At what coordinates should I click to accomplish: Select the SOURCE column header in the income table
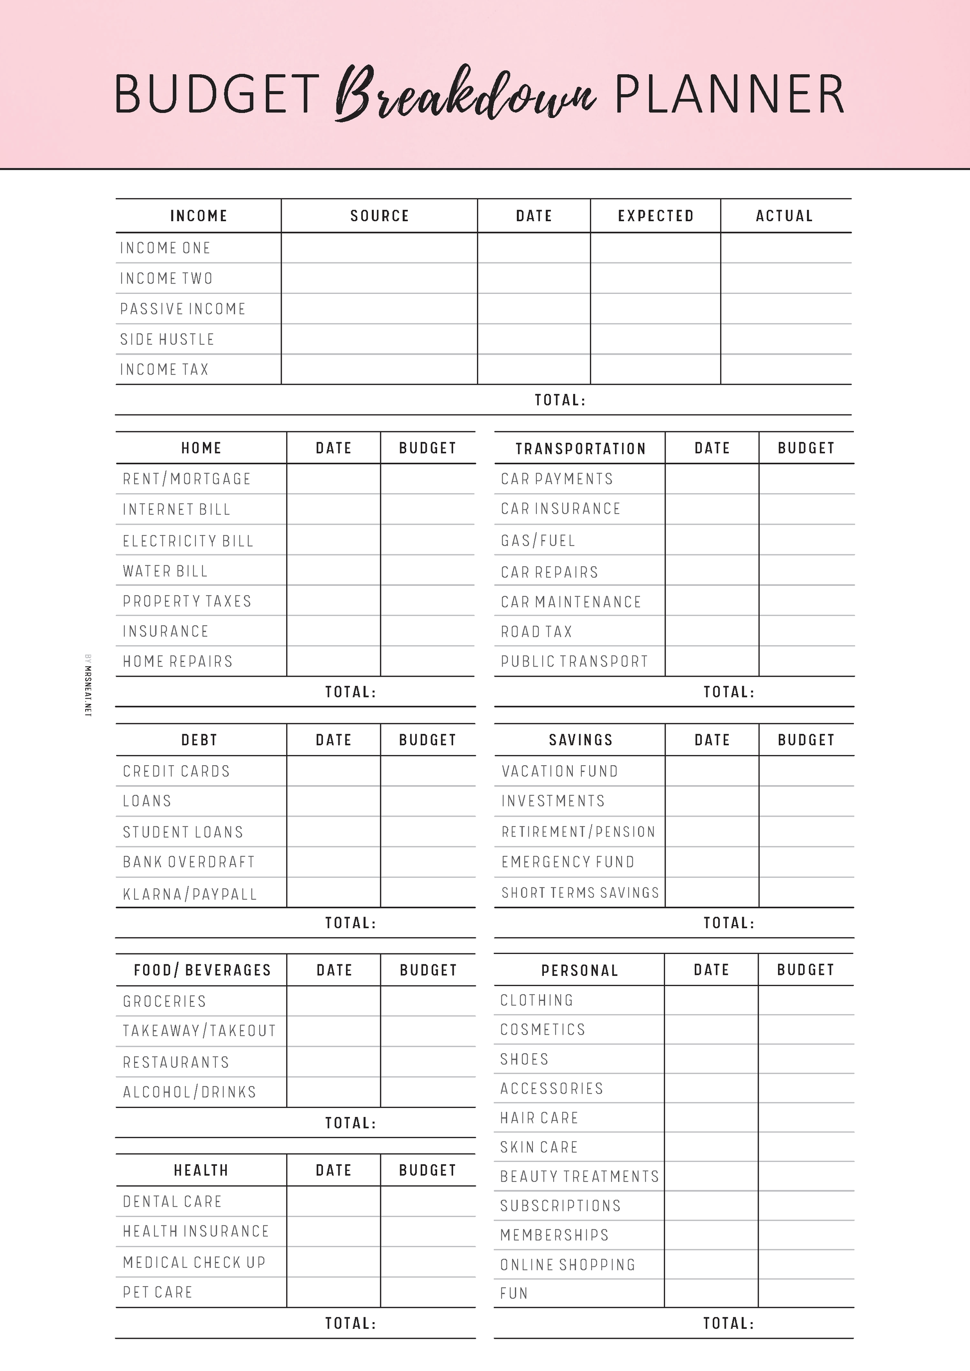(x=379, y=216)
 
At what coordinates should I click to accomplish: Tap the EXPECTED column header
(x=655, y=216)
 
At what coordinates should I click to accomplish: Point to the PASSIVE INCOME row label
(x=183, y=309)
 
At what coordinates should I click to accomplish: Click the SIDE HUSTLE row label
(x=167, y=339)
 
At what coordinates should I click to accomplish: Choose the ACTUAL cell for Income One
(x=786, y=248)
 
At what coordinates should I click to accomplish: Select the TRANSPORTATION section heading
(x=581, y=448)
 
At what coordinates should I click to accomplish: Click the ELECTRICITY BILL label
(x=188, y=541)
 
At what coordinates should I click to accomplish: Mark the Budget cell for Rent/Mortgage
(x=428, y=479)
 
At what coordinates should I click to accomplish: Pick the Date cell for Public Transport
(x=712, y=661)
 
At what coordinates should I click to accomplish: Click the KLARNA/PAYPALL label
(x=190, y=894)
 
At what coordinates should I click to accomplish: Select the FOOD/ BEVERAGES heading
(x=202, y=970)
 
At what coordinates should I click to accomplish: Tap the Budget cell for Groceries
(x=428, y=1001)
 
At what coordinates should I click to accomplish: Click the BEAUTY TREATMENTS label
(x=579, y=1176)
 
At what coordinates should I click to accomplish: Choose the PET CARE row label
(x=158, y=1292)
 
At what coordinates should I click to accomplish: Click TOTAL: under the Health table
(x=350, y=1323)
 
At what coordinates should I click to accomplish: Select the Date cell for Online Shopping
(x=711, y=1264)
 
